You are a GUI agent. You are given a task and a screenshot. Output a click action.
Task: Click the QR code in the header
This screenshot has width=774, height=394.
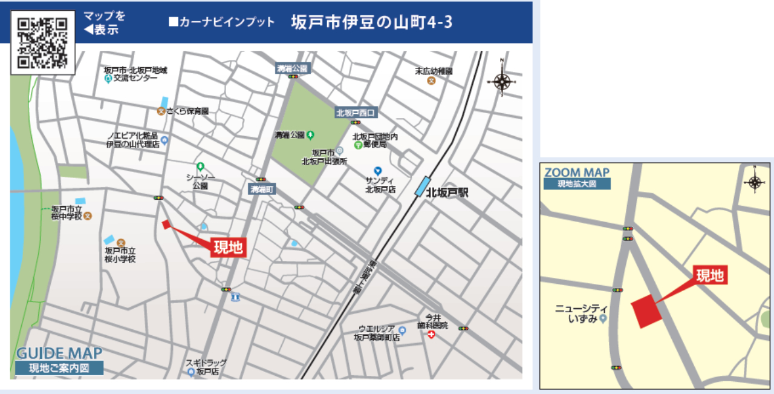click(x=42, y=42)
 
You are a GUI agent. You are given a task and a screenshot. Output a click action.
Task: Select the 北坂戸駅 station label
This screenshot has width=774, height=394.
click(x=447, y=194)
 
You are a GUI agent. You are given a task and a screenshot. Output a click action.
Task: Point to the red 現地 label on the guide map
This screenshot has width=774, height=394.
click(x=229, y=246)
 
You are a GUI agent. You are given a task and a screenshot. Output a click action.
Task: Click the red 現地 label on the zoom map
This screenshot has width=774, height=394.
click(x=710, y=276)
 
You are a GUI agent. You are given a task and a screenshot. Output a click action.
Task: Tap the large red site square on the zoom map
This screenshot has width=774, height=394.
click(x=647, y=310)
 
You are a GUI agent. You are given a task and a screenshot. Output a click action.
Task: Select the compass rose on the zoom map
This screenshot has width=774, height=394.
click(x=754, y=181)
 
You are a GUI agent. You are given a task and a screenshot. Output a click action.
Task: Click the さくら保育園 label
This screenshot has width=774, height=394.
click(x=187, y=111)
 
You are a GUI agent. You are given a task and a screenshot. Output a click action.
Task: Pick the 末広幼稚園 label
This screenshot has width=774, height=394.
click(x=434, y=71)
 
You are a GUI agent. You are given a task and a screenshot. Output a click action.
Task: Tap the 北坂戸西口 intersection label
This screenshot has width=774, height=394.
click(x=356, y=113)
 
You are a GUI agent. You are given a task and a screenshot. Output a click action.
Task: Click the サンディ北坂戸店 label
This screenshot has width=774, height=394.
click(x=380, y=184)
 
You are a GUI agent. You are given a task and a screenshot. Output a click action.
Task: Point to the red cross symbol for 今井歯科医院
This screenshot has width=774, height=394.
click(x=431, y=335)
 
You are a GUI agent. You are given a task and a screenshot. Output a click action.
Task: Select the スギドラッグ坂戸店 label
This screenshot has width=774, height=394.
click(x=206, y=367)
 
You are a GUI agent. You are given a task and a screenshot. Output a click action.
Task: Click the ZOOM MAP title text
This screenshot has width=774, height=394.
click(x=577, y=173)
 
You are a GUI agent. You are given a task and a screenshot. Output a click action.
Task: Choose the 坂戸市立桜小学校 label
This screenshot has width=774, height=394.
click(x=120, y=255)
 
